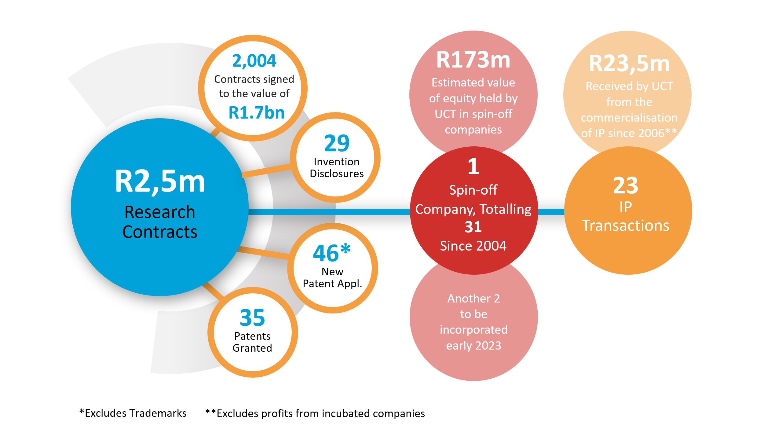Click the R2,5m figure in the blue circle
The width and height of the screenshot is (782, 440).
point(160,182)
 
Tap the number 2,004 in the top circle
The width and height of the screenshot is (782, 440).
point(254,61)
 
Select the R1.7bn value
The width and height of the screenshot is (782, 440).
point(257,113)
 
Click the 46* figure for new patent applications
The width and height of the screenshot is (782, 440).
point(332,253)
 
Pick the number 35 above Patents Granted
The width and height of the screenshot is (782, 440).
point(252,318)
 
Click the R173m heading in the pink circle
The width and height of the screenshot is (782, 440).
point(473,60)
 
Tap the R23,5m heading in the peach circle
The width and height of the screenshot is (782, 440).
point(629,64)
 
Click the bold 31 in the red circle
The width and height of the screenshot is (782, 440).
point(473,227)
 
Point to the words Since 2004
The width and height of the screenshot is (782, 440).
point(473,246)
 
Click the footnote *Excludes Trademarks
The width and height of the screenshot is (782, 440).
point(133,413)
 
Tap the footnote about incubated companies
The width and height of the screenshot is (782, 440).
point(315,413)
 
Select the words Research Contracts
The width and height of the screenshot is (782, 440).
point(160,222)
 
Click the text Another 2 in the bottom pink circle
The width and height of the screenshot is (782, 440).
point(473,299)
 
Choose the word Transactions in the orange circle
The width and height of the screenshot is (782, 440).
point(626,226)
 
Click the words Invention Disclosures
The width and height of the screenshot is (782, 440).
point(337,167)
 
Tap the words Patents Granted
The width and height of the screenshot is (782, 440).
point(252,342)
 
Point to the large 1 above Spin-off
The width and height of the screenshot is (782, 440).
point(473,167)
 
